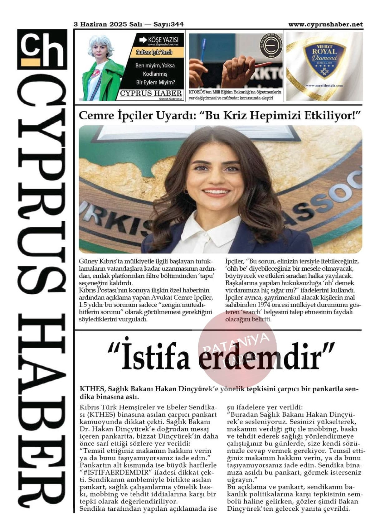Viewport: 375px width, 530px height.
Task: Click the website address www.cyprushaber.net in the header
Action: coord(325,24)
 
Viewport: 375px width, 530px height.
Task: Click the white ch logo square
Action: coord(42,49)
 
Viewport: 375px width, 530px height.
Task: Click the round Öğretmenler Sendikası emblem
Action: coord(271,46)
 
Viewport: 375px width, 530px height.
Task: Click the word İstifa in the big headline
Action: coord(155,357)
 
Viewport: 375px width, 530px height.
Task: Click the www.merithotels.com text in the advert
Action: coord(324,85)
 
